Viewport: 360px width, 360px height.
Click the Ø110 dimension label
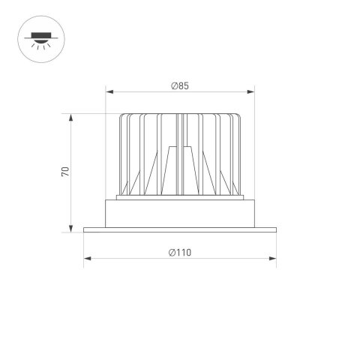pyautogui.click(x=180, y=252)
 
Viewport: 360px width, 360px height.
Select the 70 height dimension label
pyautogui.click(x=66, y=172)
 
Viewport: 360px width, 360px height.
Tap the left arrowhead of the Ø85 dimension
pyautogui.click(x=109, y=93)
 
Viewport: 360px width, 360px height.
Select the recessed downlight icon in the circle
pyautogui.click(x=37, y=37)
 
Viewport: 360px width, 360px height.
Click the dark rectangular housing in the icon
pyautogui.click(x=37, y=33)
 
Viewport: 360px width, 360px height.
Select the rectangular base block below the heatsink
pyautogui.click(x=180, y=214)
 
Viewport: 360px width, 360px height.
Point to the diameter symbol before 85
pyautogui.click(x=173, y=85)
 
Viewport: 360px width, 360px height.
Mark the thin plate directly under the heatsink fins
pyautogui.click(x=180, y=199)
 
